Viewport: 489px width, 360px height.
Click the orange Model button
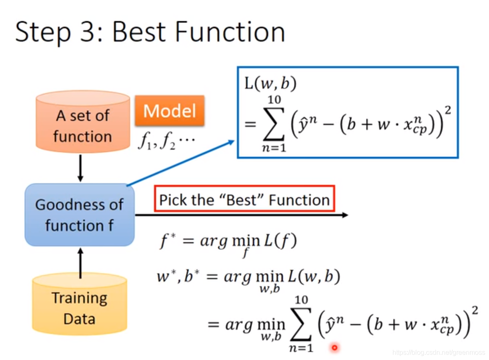(169, 111)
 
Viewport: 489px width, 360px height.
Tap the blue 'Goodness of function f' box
(80, 215)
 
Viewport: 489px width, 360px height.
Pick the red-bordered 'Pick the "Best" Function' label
(244, 200)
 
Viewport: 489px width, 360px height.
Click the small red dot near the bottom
(334, 348)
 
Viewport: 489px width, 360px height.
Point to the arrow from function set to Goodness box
(80, 168)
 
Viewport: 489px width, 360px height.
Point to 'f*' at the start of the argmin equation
(167, 241)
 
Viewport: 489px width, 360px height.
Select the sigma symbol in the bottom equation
(301, 324)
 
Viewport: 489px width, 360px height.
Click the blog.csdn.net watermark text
(438, 353)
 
